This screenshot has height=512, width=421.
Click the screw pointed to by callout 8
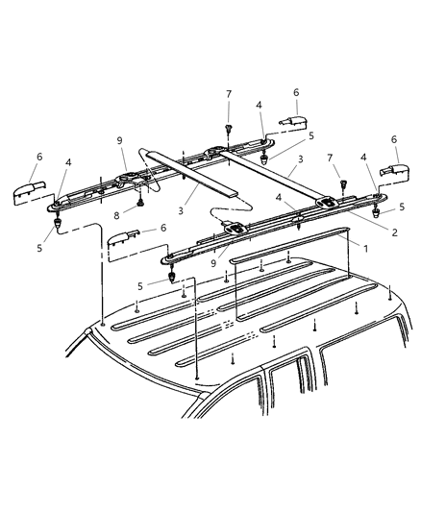(x=140, y=203)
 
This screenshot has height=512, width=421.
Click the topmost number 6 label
(x=295, y=92)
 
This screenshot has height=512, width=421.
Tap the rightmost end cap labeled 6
(x=393, y=172)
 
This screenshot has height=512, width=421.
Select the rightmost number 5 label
(x=402, y=207)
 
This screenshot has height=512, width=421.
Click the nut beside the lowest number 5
(x=173, y=280)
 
